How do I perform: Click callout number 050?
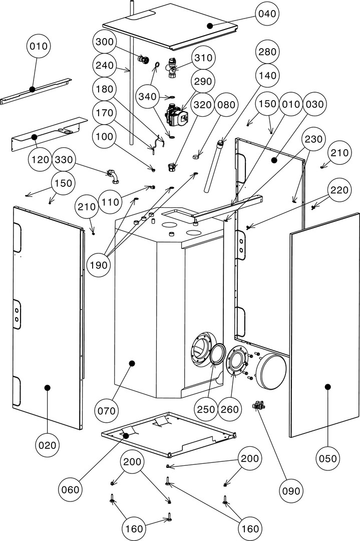click(x=328, y=458)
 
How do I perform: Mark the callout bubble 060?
click(x=71, y=489)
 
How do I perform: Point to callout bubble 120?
click(x=40, y=160)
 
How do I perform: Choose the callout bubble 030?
click(x=315, y=105)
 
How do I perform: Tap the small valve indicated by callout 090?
click(x=258, y=405)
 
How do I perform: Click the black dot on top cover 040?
click(x=210, y=25)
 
